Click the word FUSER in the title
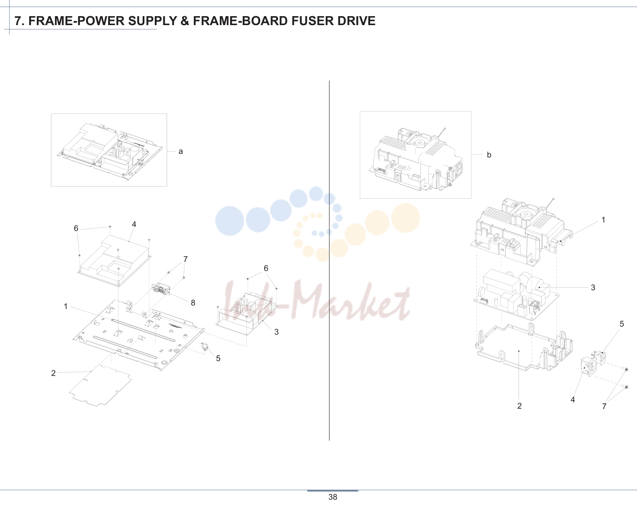click(x=312, y=21)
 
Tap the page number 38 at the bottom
click(x=333, y=497)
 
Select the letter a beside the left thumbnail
click(x=181, y=152)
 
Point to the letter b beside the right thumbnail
click(x=489, y=155)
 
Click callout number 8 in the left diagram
click(x=193, y=303)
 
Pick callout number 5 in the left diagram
click(x=218, y=358)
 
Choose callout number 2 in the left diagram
click(x=53, y=373)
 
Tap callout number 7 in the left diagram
click(x=185, y=259)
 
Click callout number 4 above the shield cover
click(x=134, y=224)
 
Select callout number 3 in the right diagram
click(x=593, y=288)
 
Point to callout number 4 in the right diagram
click(x=573, y=400)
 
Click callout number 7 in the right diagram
click(x=604, y=406)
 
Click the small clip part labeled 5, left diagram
click(x=205, y=346)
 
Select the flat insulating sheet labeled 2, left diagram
click(x=100, y=385)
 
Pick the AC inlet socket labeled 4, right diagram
click(x=587, y=367)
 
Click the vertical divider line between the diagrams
click(x=329, y=261)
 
